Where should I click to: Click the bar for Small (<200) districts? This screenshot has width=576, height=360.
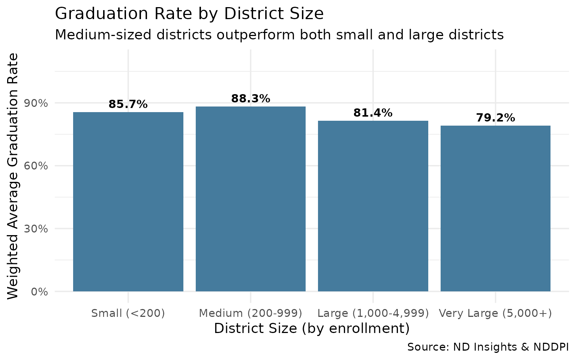[x=128, y=202]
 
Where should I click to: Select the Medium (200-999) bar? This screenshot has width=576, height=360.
[x=250, y=199]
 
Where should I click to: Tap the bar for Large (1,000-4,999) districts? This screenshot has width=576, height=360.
[x=373, y=206]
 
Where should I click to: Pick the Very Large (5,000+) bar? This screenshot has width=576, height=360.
[x=495, y=208]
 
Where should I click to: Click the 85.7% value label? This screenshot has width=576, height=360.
[x=128, y=104]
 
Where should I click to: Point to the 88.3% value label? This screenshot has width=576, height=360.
[x=250, y=99]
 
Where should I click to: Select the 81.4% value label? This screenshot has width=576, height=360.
[x=373, y=113]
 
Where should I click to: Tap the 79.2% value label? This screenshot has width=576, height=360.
[x=495, y=118]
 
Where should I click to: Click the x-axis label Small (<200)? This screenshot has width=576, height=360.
[x=128, y=313]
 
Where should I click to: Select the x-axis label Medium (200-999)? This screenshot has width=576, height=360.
[x=250, y=313]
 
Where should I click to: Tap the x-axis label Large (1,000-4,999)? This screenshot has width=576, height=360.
[x=373, y=313]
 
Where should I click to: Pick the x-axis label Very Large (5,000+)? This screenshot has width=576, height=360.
[x=495, y=313]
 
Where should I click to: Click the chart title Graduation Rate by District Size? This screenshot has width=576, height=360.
[x=189, y=14]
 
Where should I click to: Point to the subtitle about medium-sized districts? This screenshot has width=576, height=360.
[x=279, y=35]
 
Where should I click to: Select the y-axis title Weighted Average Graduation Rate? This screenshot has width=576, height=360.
[x=13, y=176]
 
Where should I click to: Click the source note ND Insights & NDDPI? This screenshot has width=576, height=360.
[x=488, y=347]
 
